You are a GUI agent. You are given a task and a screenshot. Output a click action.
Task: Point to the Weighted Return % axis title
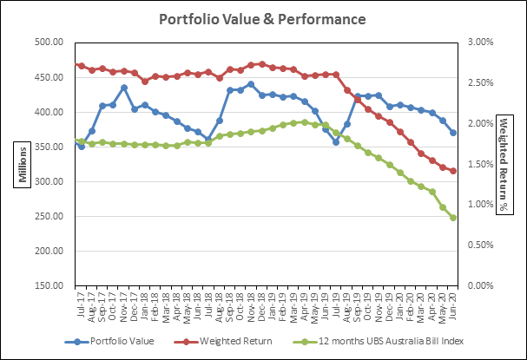pyautogui.click(x=505, y=164)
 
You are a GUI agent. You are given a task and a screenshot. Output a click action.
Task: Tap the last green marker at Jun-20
pyautogui.click(x=453, y=218)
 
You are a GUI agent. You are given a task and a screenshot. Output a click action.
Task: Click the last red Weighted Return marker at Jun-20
pyautogui.click(x=453, y=171)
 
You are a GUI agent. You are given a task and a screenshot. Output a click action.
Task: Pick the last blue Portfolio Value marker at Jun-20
pyautogui.click(x=453, y=133)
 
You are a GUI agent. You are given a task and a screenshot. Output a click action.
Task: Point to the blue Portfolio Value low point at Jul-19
pyautogui.click(x=336, y=141)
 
